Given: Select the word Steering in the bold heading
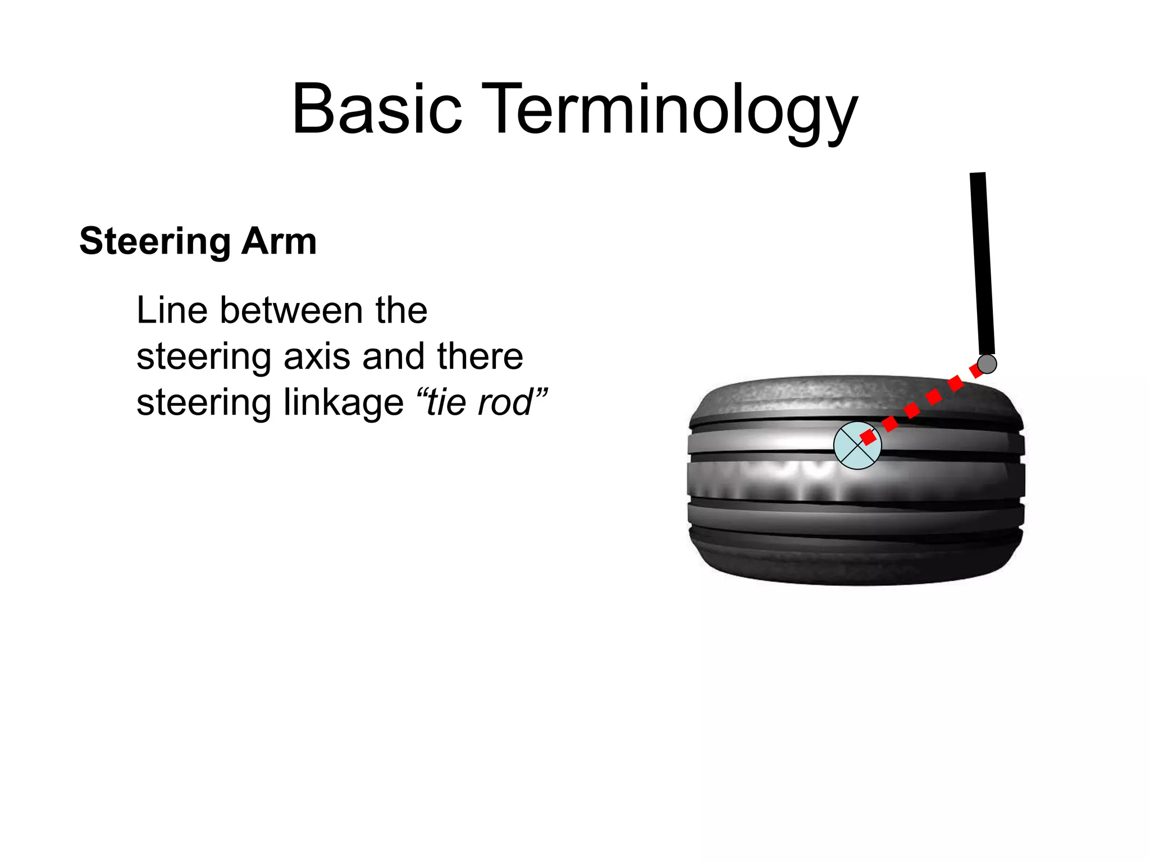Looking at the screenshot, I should [155, 241].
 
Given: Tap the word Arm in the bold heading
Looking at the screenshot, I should [279, 241].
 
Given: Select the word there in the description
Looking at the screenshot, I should [480, 357].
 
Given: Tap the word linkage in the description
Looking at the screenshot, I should [343, 403].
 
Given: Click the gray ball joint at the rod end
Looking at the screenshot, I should [987, 364].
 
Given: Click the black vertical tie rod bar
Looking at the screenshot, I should [982, 264].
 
